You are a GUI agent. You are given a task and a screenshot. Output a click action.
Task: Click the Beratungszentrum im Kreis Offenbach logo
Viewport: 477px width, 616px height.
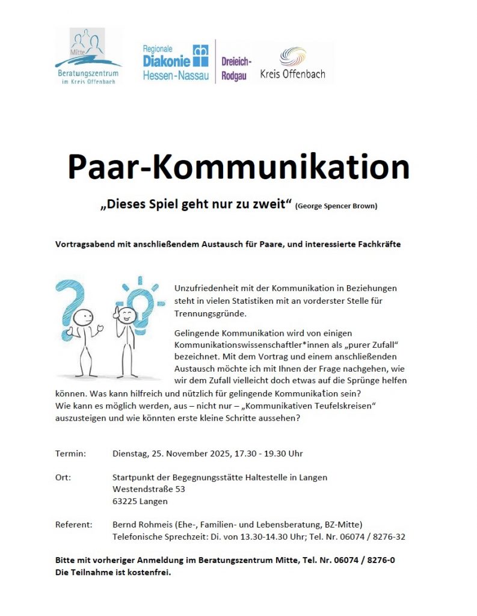(x=88, y=56)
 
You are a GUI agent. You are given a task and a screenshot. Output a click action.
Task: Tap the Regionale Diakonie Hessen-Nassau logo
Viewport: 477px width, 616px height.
(x=175, y=63)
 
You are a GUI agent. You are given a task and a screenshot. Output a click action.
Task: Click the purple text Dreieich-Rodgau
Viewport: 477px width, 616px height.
(x=236, y=69)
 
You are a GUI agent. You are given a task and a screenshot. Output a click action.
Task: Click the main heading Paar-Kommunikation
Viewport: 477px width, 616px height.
(x=238, y=167)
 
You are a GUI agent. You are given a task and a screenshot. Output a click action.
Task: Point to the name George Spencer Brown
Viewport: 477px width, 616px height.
(x=336, y=206)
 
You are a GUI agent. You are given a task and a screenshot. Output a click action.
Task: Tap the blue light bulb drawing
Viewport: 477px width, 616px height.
(x=141, y=301)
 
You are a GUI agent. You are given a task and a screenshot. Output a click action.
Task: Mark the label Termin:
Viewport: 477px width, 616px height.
(x=70, y=453)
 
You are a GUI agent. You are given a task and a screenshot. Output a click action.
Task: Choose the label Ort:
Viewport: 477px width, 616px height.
(x=63, y=477)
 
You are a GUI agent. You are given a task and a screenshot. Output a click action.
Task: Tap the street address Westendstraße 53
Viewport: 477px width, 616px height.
(x=149, y=489)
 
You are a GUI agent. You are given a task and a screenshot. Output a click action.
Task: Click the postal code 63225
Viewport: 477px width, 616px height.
(x=125, y=501)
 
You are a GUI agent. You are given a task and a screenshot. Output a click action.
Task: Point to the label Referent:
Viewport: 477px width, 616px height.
(x=73, y=525)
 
